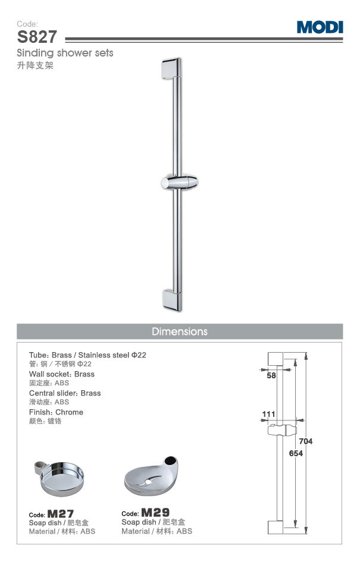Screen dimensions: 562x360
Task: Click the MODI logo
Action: (320, 27)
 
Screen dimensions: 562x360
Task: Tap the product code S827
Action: (37, 37)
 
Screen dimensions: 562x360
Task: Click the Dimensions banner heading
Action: (179, 331)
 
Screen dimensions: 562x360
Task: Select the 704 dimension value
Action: (305, 441)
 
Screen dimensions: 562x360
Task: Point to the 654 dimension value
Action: (296, 453)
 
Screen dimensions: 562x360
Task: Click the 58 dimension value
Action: (271, 376)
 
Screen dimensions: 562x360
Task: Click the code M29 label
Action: (155, 512)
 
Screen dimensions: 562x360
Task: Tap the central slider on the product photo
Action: (179, 183)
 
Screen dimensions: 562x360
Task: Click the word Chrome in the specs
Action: (69, 412)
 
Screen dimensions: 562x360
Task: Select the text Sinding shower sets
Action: (65, 53)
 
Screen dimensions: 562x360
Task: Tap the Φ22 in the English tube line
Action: (139, 355)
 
